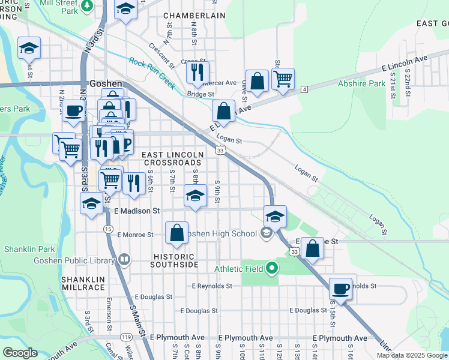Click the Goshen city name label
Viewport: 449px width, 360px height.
click(106, 84)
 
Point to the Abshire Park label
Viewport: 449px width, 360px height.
click(361, 84)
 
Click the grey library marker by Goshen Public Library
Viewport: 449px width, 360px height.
click(124, 260)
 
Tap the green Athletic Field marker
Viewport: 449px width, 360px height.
click(272, 268)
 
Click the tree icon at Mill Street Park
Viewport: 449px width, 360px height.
click(88, 5)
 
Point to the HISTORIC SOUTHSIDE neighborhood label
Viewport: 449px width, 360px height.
click(174, 260)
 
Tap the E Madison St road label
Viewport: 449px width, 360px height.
click(137, 211)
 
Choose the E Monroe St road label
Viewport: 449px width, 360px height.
click(139, 235)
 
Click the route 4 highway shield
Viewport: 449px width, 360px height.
click(305, 89)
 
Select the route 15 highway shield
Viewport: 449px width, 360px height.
click(108, 229)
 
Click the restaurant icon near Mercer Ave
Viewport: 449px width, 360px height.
click(197, 72)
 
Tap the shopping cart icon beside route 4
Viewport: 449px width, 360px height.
click(283, 79)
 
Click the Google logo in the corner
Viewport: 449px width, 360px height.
click(20, 353)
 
